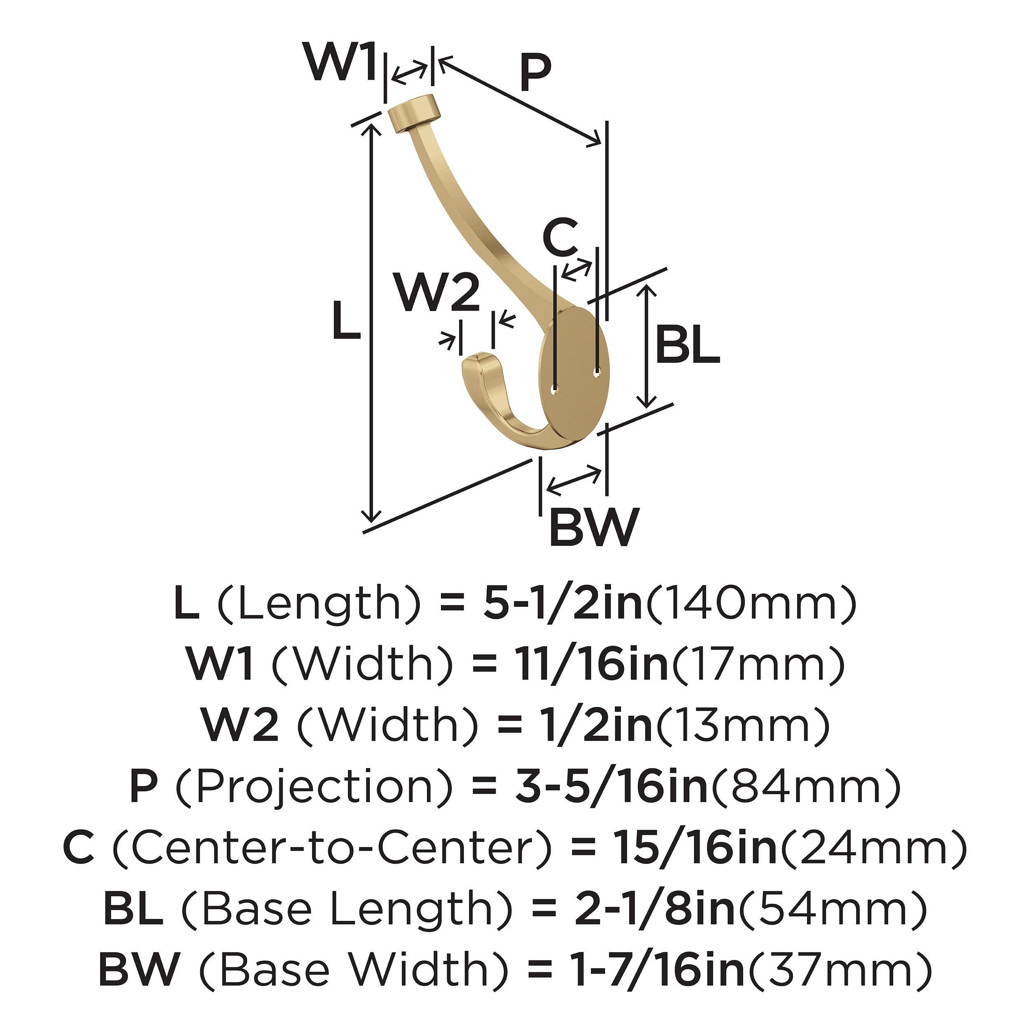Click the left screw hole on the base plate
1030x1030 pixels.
(x=555, y=392)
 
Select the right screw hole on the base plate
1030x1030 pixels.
(x=597, y=375)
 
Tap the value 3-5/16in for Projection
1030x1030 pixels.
(x=611, y=787)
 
